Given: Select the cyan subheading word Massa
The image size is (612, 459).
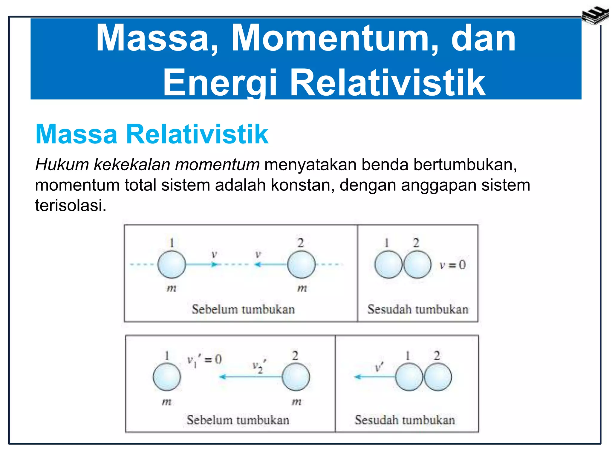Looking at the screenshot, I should (x=76, y=134).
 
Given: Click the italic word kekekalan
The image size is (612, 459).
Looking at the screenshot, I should (x=132, y=165).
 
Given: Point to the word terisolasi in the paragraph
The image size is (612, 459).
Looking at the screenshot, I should (x=71, y=206).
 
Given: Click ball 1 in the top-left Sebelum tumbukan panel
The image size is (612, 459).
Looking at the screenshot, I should (x=172, y=264).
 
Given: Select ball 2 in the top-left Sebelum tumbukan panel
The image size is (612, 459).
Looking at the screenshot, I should (x=301, y=264).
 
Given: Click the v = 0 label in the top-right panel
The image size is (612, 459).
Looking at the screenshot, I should (x=452, y=265).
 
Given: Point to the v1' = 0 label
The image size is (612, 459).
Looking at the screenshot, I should (x=204, y=360).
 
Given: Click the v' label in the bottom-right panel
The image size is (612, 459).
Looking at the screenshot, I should (x=379, y=367).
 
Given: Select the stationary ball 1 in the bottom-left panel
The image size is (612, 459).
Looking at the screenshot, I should (x=167, y=377).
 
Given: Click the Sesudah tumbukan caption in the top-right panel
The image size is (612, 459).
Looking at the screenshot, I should (x=418, y=309).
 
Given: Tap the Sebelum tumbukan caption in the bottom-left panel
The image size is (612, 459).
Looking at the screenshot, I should (x=238, y=420).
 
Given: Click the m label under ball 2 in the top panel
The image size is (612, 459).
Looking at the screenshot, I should (x=302, y=288).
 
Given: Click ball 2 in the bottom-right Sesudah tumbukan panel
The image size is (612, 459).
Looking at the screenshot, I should (x=437, y=377).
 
